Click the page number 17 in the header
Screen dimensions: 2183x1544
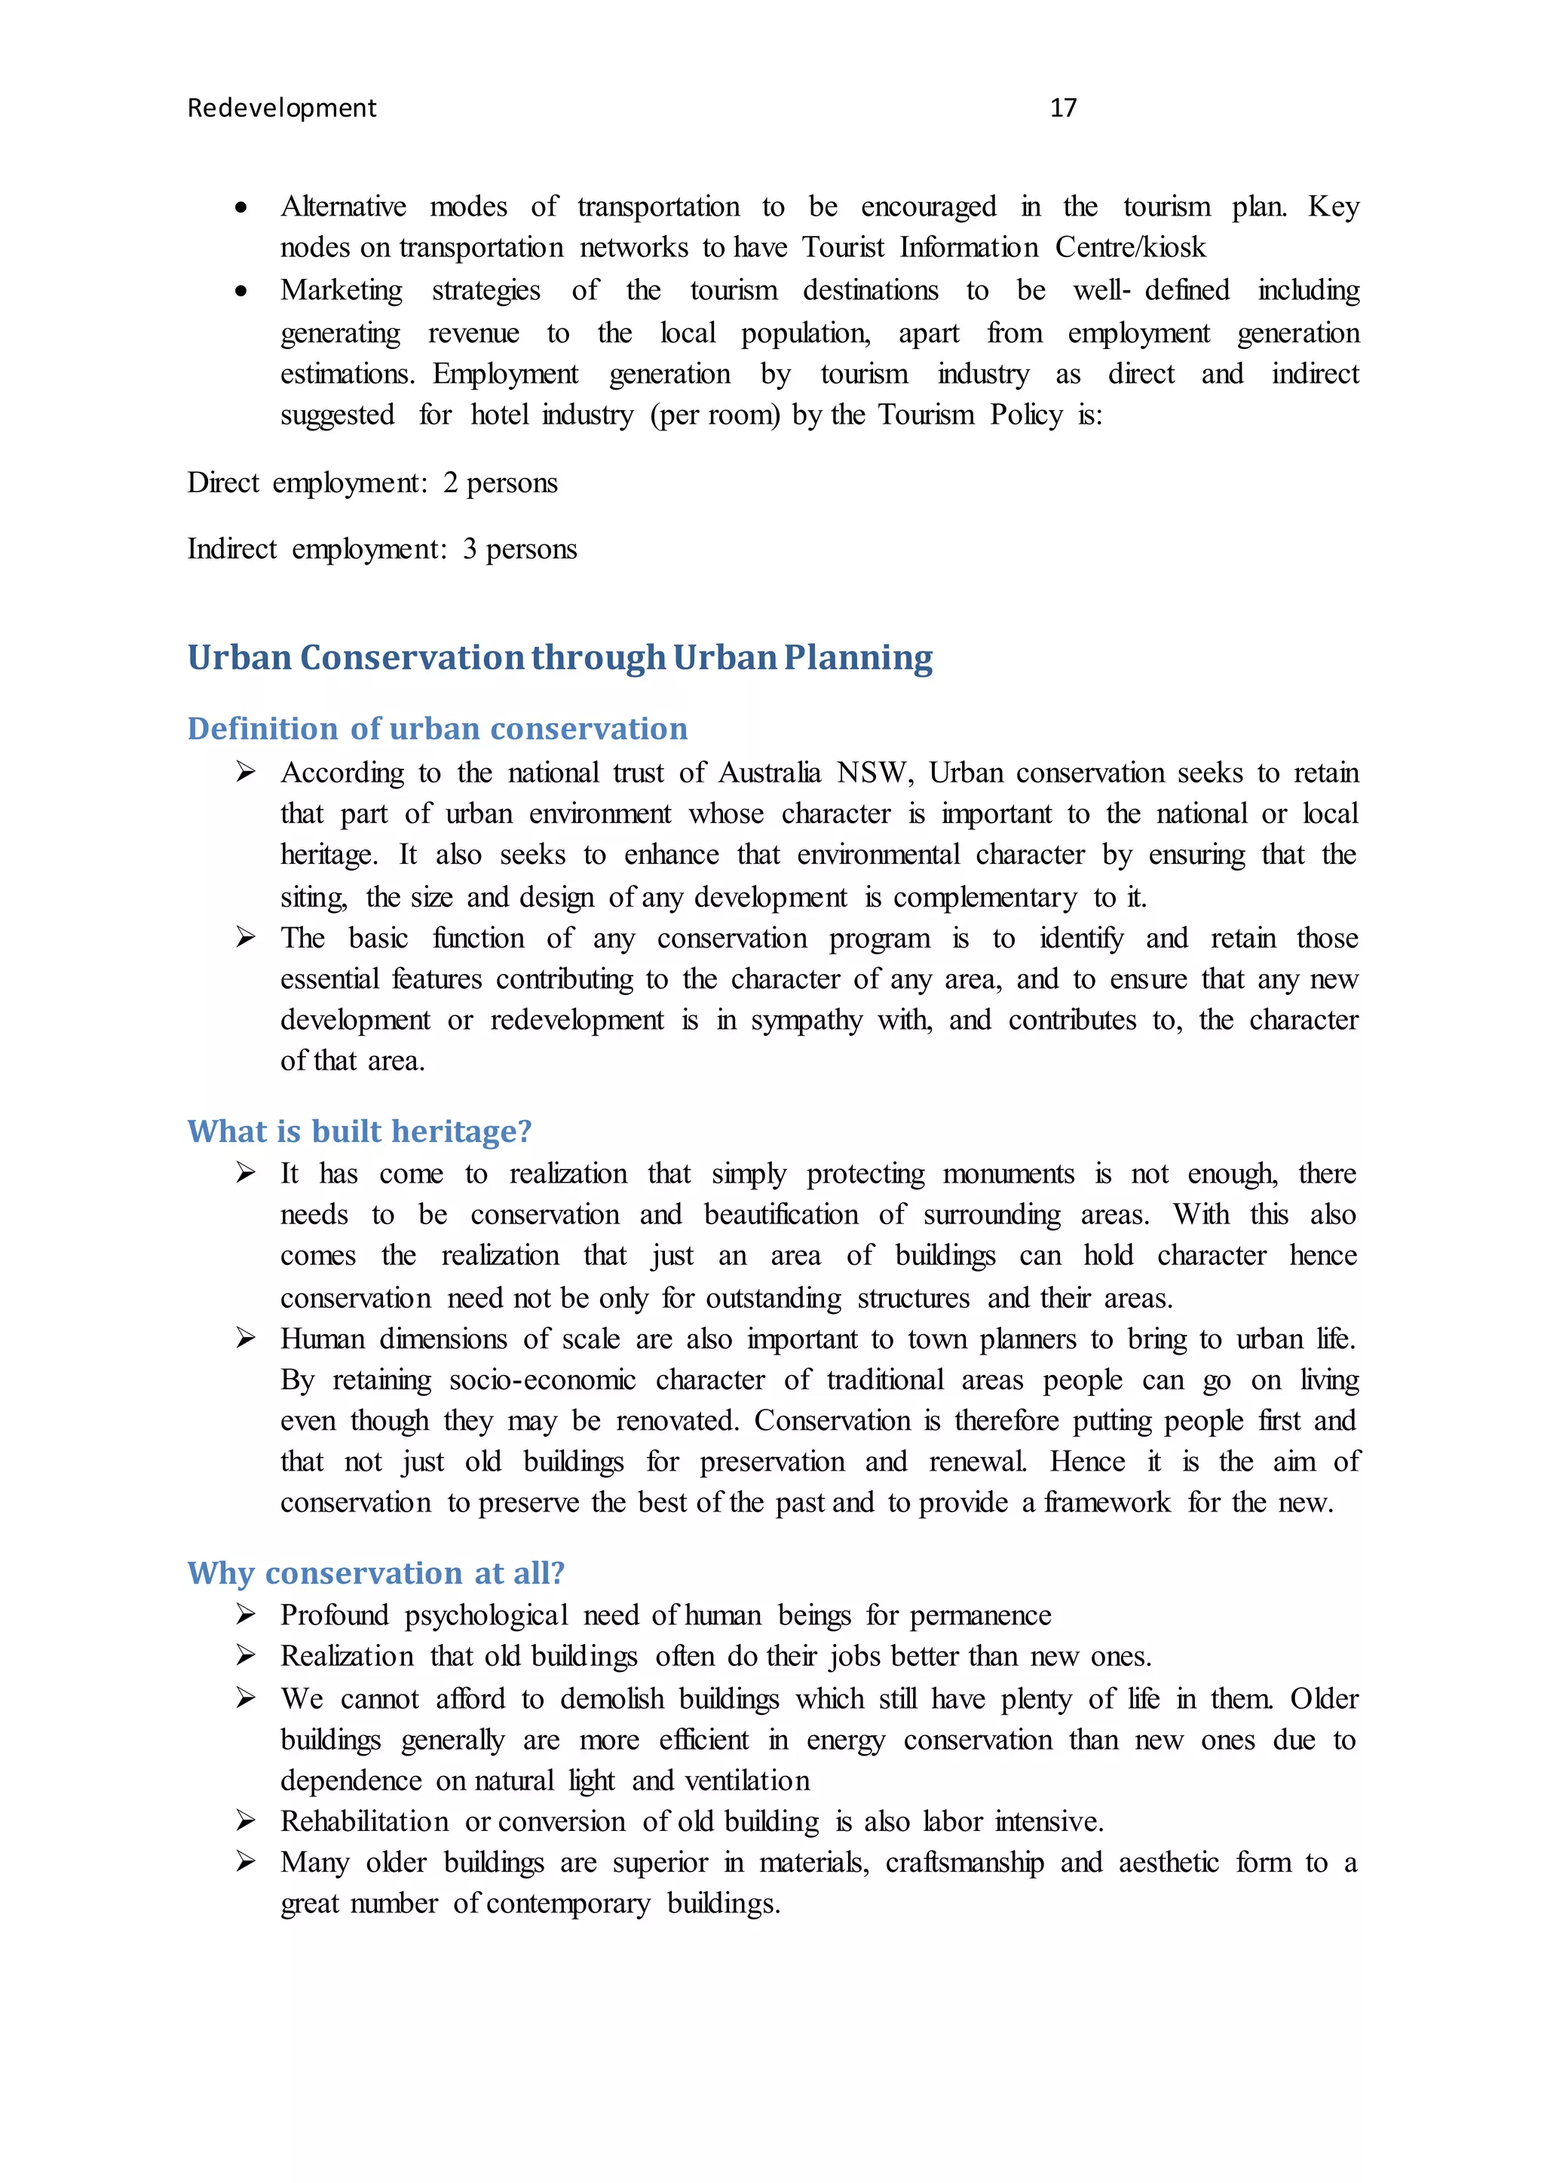click(x=1063, y=108)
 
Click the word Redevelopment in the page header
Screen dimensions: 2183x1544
click(x=281, y=109)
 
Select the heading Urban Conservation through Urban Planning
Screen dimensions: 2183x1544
click(x=559, y=657)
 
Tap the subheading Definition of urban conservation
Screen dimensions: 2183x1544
click(x=437, y=728)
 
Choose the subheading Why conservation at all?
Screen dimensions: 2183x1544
click(x=375, y=1572)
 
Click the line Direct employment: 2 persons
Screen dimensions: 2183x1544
click(x=372, y=483)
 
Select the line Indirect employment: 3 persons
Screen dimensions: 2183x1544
click(x=381, y=550)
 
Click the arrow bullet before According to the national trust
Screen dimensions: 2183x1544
click(x=245, y=772)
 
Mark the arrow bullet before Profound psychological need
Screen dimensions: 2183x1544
click(x=245, y=1615)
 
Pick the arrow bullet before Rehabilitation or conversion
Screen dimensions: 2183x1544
click(x=245, y=1820)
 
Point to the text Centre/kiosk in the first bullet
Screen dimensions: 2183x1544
click(x=1129, y=248)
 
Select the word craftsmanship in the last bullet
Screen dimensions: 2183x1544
click(x=964, y=1862)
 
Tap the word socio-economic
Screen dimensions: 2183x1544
click(x=542, y=1379)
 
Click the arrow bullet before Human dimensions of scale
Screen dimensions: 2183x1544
click(x=245, y=1339)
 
